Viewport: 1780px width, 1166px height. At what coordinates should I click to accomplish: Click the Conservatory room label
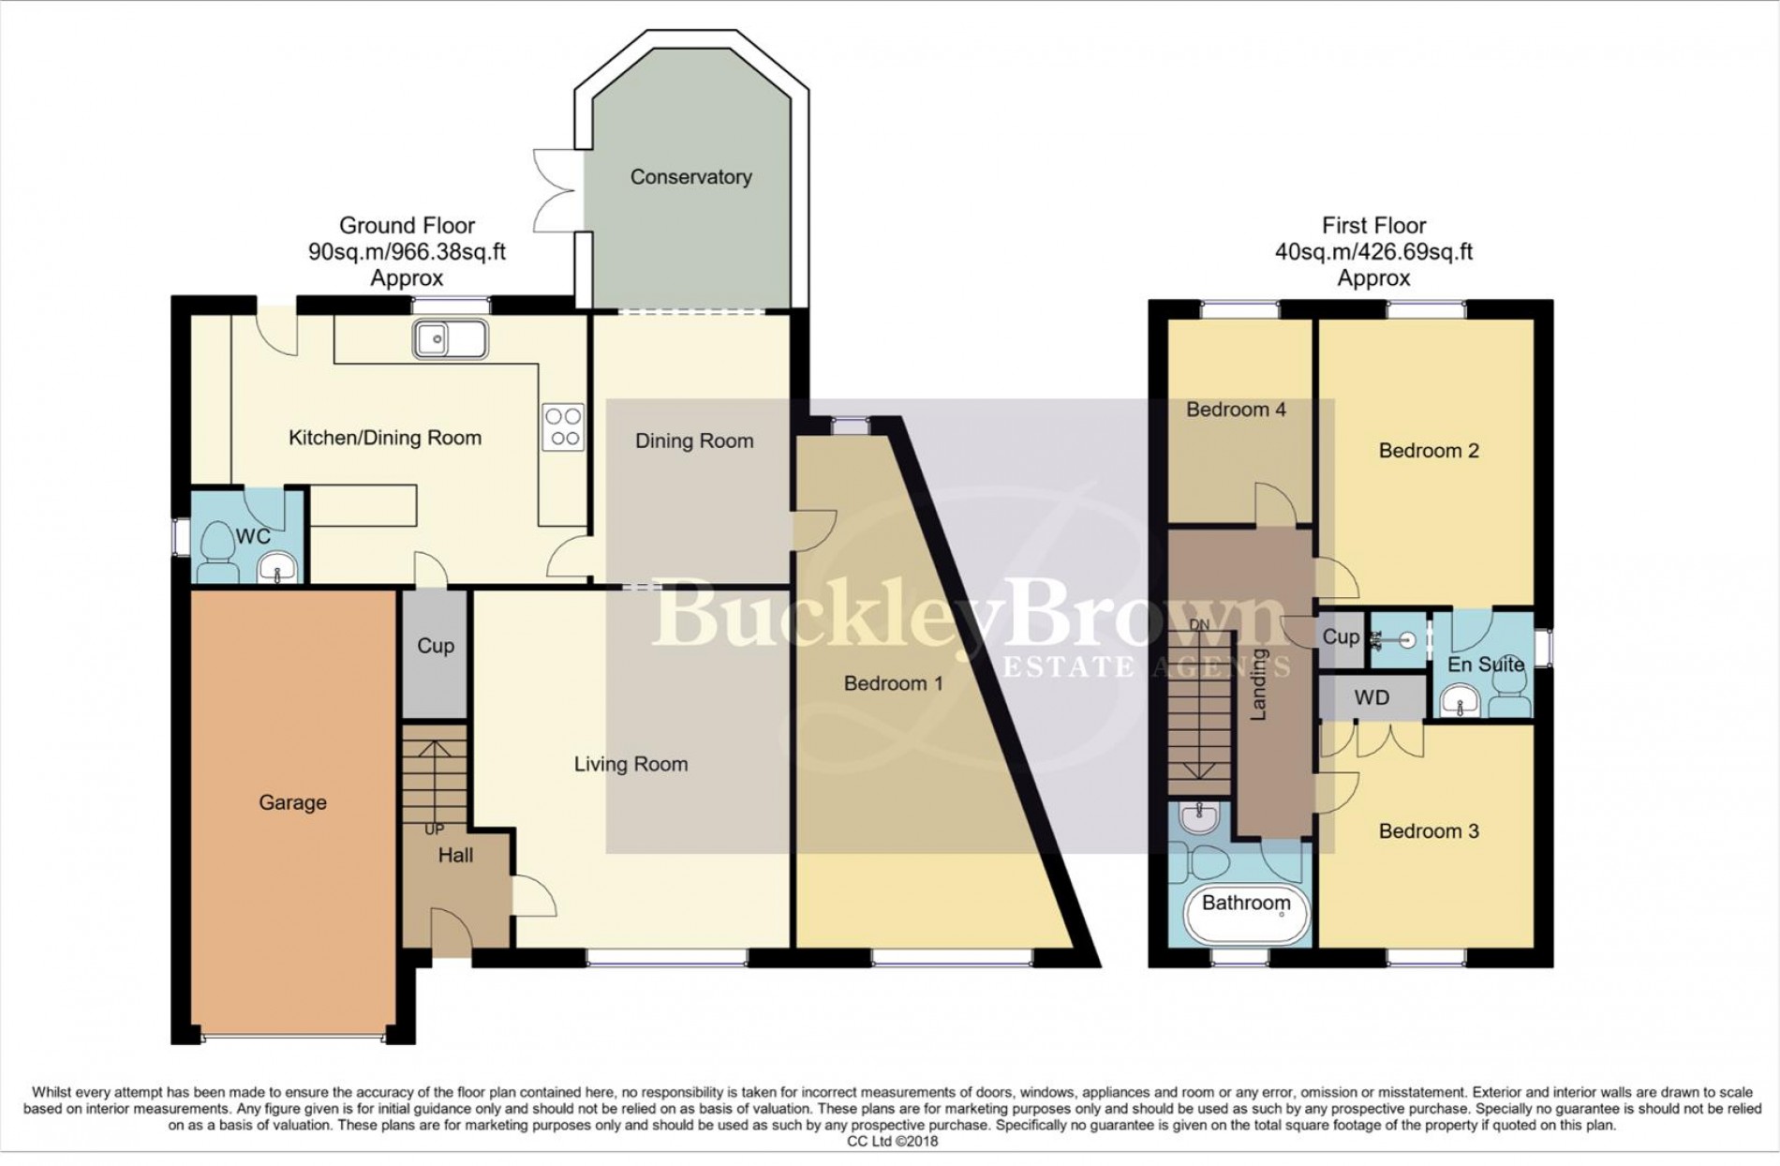point(690,177)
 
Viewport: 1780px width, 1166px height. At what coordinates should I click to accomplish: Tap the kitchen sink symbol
point(450,338)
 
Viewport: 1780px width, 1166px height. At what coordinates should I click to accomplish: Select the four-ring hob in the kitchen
point(563,426)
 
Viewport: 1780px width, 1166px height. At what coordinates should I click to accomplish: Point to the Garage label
point(292,802)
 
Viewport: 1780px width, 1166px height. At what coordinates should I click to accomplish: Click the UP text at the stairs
point(434,830)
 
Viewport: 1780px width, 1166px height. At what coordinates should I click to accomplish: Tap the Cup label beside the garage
point(435,646)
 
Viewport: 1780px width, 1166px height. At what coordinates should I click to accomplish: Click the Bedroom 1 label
point(893,683)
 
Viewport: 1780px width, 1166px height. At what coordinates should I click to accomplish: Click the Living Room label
point(630,764)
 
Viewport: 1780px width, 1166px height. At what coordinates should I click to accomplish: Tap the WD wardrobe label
point(1372,698)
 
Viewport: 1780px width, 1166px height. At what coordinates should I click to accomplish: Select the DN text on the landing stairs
point(1199,624)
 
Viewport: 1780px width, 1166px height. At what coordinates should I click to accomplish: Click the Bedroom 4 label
point(1235,410)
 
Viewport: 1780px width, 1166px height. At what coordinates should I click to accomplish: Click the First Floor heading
point(1373,226)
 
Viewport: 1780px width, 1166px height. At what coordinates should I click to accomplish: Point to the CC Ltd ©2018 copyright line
point(891,1142)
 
